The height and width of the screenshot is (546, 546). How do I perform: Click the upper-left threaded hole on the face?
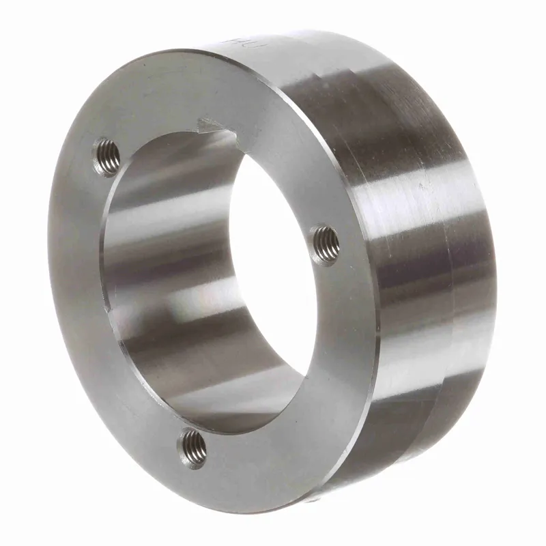click(x=108, y=156)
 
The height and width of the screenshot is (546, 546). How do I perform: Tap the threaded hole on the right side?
click(x=327, y=243)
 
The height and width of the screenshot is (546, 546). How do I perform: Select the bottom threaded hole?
click(x=193, y=447)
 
